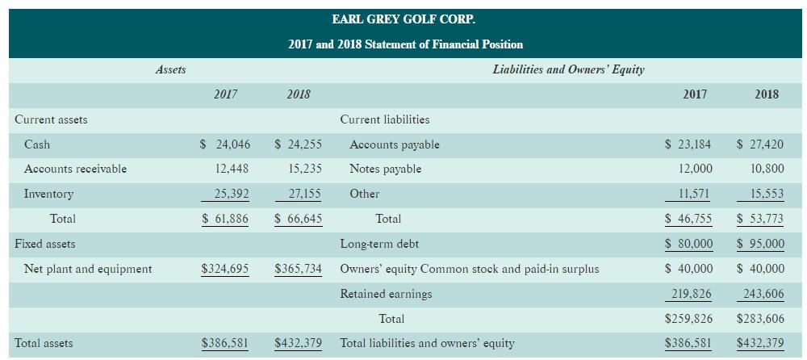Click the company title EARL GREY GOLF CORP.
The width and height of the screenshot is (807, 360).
click(403, 19)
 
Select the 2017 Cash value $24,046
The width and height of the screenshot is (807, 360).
click(225, 144)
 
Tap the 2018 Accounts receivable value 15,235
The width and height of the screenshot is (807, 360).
click(305, 169)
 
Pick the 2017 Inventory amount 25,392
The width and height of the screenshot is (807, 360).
click(232, 194)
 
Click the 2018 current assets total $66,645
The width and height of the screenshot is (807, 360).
click(298, 219)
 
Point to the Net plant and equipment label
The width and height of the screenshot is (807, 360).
click(88, 269)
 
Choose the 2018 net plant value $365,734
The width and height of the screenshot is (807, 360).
click(298, 269)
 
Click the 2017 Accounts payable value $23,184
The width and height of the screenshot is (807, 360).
click(688, 144)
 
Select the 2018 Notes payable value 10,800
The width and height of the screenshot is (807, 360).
click(767, 169)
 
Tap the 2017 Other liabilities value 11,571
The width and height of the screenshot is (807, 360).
click(695, 194)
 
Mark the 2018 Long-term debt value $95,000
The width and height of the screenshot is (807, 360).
click(761, 244)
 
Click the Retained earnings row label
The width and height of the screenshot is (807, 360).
click(386, 294)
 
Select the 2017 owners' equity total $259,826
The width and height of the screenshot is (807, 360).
click(688, 319)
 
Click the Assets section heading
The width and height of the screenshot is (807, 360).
click(170, 69)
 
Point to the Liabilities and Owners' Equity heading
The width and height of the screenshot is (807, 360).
click(568, 69)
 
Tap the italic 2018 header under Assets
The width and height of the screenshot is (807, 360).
click(299, 94)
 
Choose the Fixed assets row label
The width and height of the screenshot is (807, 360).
click(44, 244)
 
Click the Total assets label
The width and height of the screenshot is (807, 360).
click(44, 343)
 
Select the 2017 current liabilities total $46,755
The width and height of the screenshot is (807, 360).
click(688, 219)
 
